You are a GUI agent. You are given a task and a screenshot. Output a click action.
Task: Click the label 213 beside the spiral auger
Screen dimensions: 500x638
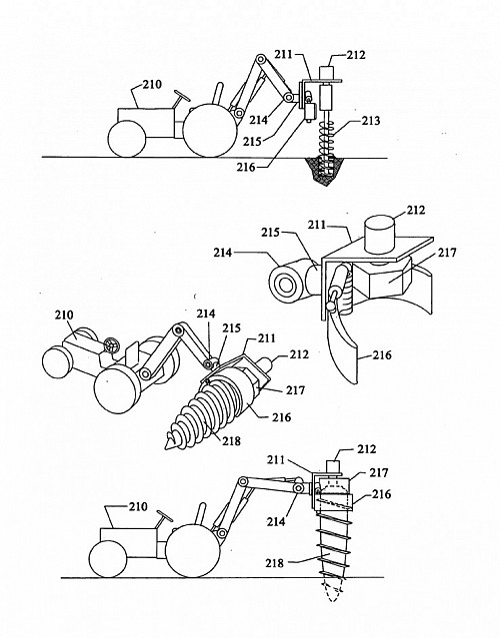pyautogui.click(x=371, y=121)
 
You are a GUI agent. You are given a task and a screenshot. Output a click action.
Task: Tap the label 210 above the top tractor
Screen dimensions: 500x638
pyautogui.click(x=152, y=85)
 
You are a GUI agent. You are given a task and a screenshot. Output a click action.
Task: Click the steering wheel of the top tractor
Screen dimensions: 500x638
pyautogui.click(x=182, y=96)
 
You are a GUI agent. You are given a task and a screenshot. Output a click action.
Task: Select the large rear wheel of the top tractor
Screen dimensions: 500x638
pyautogui.click(x=209, y=130)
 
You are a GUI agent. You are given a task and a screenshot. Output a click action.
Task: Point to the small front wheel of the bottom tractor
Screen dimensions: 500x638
pyautogui.click(x=108, y=559)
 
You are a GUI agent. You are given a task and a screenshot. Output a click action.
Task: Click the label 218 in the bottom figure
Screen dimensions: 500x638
pyautogui.click(x=275, y=563)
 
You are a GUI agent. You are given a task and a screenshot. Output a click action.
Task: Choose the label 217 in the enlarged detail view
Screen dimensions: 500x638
pyautogui.click(x=447, y=253)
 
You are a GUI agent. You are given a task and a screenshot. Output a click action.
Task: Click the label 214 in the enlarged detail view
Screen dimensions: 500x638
pyautogui.click(x=222, y=253)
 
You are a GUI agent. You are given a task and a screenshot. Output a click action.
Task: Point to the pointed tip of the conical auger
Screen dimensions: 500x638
pyautogui.click(x=167, y=446)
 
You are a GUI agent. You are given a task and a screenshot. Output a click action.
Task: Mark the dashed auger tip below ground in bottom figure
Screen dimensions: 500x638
pyautogui.click(x=333, y=590)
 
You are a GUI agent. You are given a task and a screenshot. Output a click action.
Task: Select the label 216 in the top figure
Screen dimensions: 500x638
pyautogui.click(x=246, y=167)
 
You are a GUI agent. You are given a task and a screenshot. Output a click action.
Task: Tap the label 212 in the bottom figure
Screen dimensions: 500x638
pyautogui.click(x=367, y=449)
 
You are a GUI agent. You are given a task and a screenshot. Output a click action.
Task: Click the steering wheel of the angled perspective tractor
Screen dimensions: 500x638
pyautogui.click(x=110, y=345)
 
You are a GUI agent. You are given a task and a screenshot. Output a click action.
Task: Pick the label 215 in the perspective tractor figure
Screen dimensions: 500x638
pyautogui.click(x=231, y=327)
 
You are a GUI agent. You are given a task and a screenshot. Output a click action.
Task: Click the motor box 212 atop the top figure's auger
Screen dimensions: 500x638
pyautogui.click(x=327, y=73)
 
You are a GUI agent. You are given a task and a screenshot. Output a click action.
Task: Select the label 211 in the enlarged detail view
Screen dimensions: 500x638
pyautogui.click(x=317, y=225)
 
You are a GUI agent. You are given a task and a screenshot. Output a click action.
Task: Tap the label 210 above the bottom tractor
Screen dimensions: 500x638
pyautogui.click(x=138, y=507)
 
